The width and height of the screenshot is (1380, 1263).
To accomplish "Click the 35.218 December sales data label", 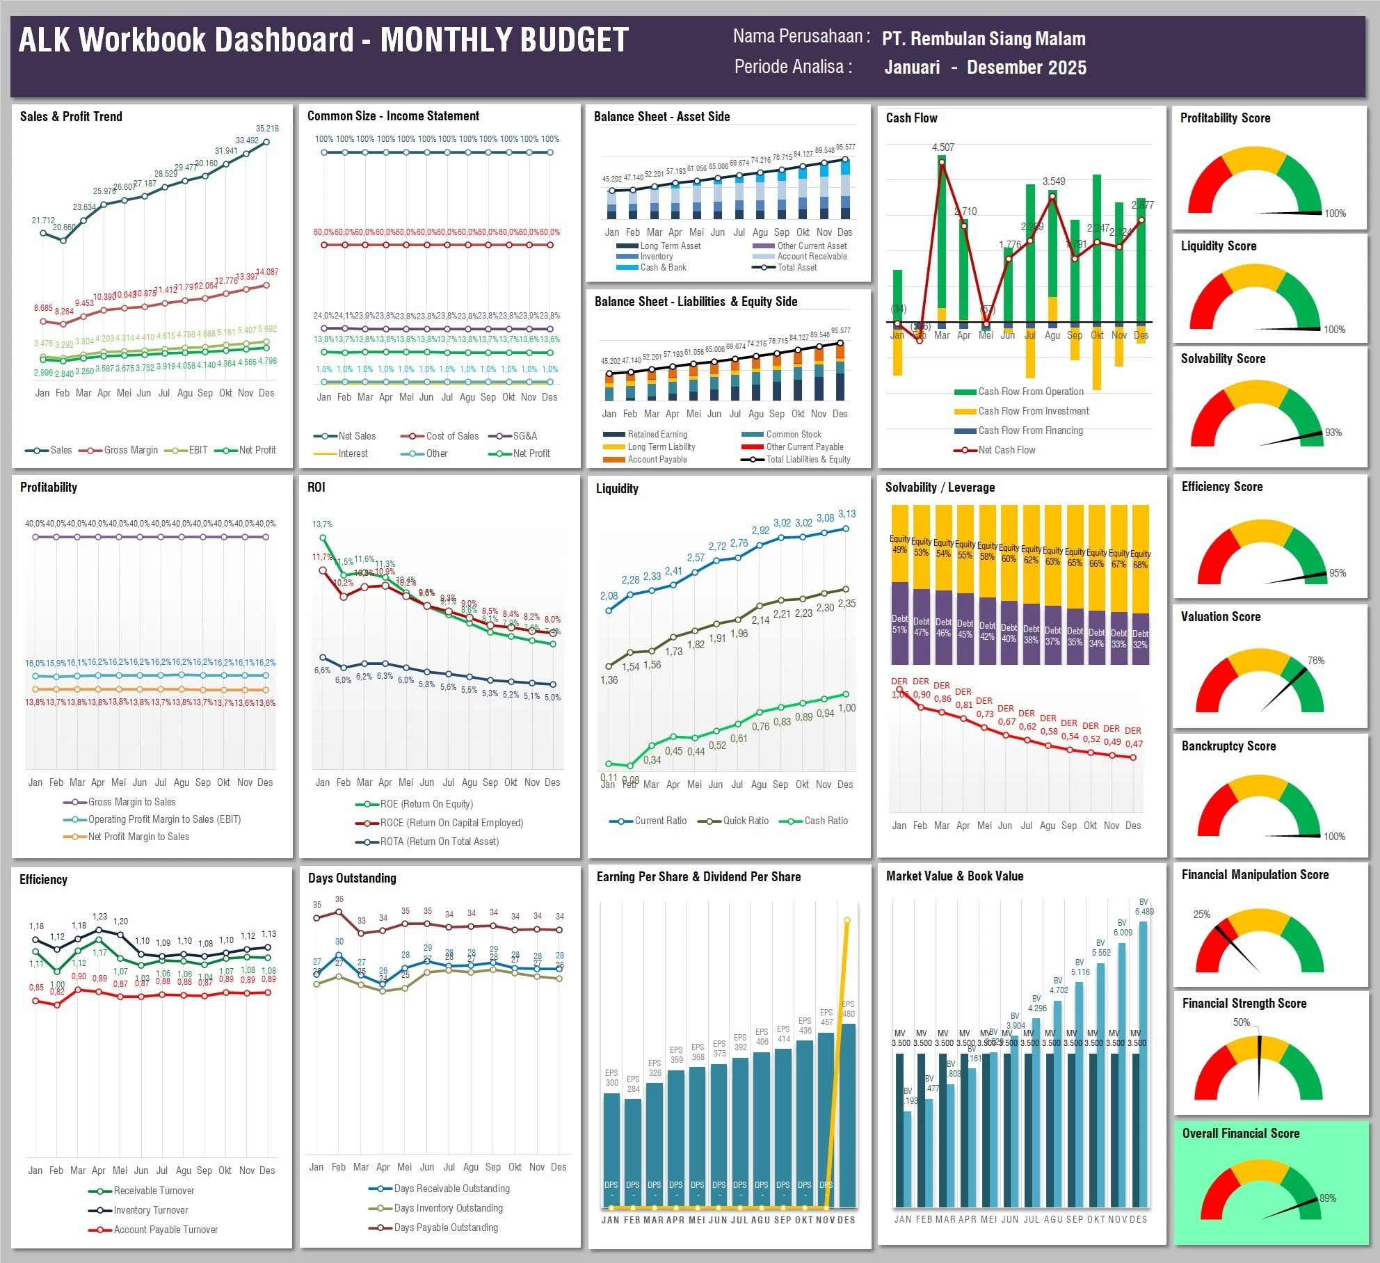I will pyautogui.click(x=267, y=129).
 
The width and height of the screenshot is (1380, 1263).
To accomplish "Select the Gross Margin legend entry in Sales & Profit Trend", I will pyautogui.click(x=130, y=450).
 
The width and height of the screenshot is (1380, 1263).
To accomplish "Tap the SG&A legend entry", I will pyautogui.click(x=524, y=436).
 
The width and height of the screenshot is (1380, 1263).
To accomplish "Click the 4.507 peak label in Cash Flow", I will pyautogui.click(x=943, y=147).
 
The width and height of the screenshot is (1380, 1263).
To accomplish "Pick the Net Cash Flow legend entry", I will pyautogui.click(x=1006, y=450).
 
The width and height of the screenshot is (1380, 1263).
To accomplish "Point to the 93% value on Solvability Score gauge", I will pyautogui.click(x=1333, y=433).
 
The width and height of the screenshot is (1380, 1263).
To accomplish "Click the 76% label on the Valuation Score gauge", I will pyautogui.click(x=1315, y=661).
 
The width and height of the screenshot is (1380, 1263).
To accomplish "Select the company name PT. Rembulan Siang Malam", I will pyautogui.click(x=983, y=39).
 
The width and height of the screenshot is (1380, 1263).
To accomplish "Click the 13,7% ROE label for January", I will pyautogui.click(x=322, y=524).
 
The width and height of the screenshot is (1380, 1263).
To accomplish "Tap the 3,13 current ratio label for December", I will pyautogui.click(x=847, y=514).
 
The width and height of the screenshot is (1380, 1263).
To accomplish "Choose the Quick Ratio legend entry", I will pyautogui.click(x=745, y=821).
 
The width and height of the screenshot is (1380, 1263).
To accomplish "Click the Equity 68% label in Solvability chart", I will pyautogui.click(x=1140, y=559).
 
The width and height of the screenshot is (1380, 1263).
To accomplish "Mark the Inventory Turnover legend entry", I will pyautogui.click(x=150, y=1210).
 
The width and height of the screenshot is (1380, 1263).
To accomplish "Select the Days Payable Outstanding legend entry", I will pyautogui.click(x=445, y=1228).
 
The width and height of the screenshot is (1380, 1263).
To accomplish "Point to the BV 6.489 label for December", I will pyautogui.click(x=1144, y=907).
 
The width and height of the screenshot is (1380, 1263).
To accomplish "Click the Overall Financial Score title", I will pyautogui.click(x=1240, y=1133).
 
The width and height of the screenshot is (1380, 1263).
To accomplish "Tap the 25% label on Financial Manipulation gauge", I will pyautogui.click(x=1201, y=915).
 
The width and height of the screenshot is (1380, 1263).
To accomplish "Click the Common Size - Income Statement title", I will pyautogui.click(x=393, y=116).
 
